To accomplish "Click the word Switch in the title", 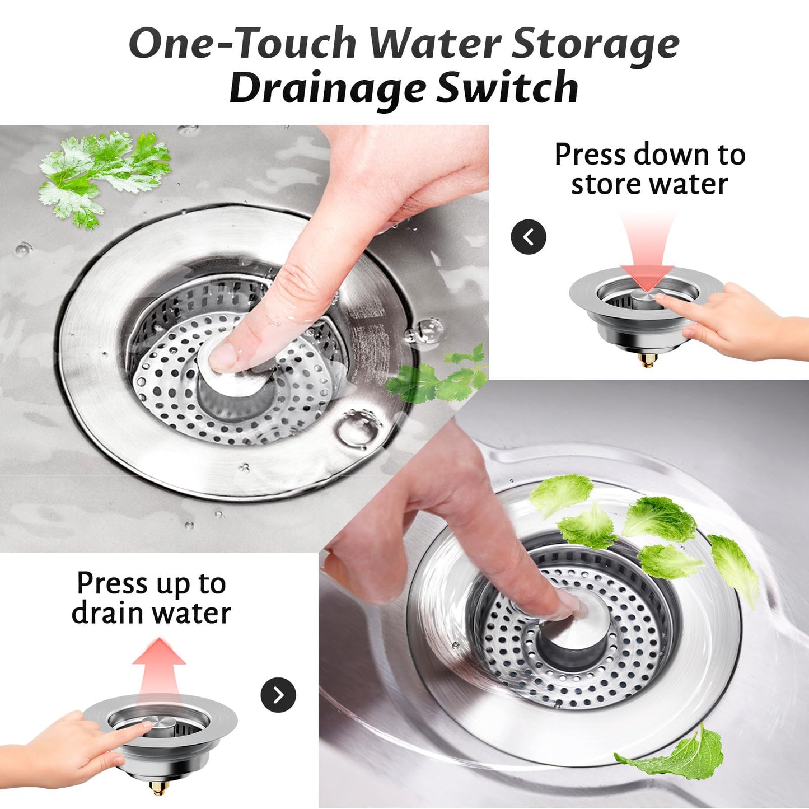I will coord(507,88).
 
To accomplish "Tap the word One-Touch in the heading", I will coord(242,44).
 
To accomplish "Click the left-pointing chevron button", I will coord(528,237).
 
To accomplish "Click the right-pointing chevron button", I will coord(278,695).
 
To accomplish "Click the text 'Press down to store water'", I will coord(649,169).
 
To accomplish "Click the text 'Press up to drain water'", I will coord(151,598).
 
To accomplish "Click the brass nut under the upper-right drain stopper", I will coord(648,360).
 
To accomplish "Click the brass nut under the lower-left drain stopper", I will coord(159,788).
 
